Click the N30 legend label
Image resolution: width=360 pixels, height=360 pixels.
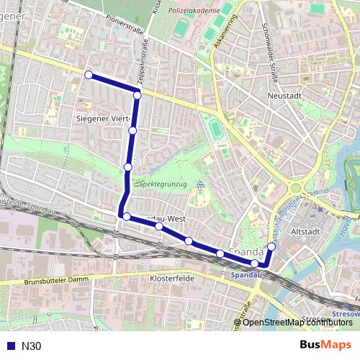[x=32, y=346]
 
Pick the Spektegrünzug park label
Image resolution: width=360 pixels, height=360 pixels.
[x=163, y=184]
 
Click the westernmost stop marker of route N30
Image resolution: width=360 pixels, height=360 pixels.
[x=89, y=75]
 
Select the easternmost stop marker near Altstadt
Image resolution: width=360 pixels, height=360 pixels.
[x=271, y=247]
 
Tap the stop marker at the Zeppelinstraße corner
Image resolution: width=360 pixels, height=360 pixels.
[x=137, y=94]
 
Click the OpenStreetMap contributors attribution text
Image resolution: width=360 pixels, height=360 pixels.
[x=297, y=323]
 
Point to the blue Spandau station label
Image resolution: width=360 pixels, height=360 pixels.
[x=248, y=274]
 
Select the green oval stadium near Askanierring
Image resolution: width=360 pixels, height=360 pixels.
[x=215, y=129]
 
